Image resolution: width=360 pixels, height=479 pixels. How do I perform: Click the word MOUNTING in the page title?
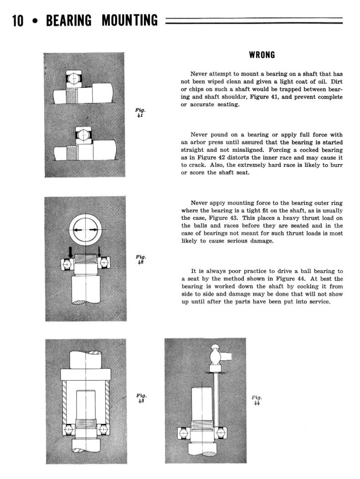tap(130, 21)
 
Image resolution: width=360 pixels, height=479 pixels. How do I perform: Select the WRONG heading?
tap(262, 55)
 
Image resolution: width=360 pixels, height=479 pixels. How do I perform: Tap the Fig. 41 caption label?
tap(140, 113)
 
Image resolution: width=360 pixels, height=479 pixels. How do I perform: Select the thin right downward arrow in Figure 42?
tap(100, 251)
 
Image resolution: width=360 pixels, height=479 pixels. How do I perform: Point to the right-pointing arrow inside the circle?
tap(93, 229)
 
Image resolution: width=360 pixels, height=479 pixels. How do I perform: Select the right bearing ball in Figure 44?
tap(221, 430)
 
